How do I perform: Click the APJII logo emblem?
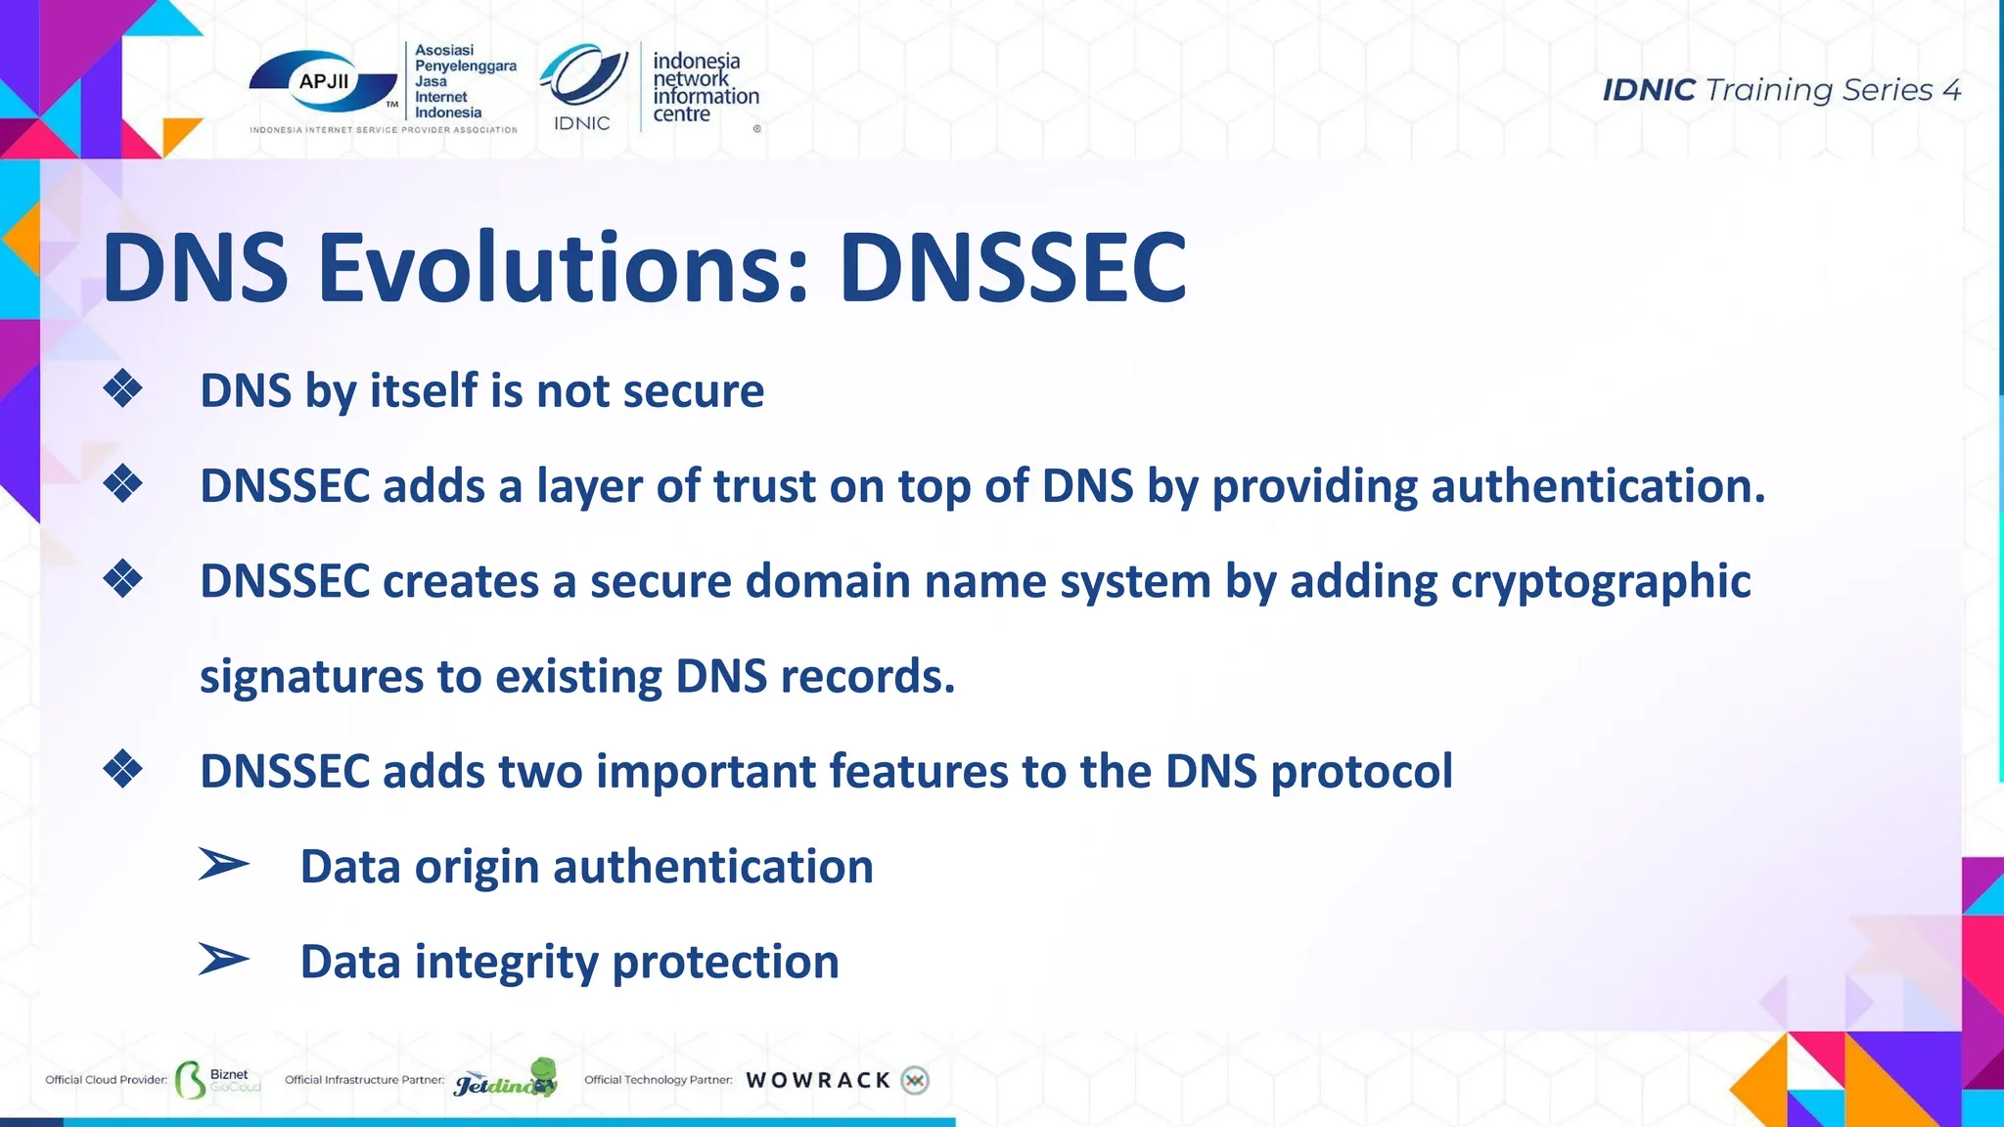[x=324, y=83]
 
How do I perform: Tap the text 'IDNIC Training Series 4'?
[x=1781, y=90]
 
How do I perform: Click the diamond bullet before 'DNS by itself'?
[x=123, y=389]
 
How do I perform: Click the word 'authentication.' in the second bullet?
[x=1598, y=486]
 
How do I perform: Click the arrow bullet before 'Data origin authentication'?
[x=223, y=865]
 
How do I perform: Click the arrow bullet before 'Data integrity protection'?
[x=223, y=960]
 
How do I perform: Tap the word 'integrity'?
[x=506, y=963]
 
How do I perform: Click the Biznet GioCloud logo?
[x=218, y=1080]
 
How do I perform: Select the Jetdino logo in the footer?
[x=506, y=1078]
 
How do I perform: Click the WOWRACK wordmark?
[x=818, y=1080]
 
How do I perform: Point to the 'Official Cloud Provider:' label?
[x=106, y=1080]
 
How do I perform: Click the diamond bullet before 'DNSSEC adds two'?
[x=123, y=770]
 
